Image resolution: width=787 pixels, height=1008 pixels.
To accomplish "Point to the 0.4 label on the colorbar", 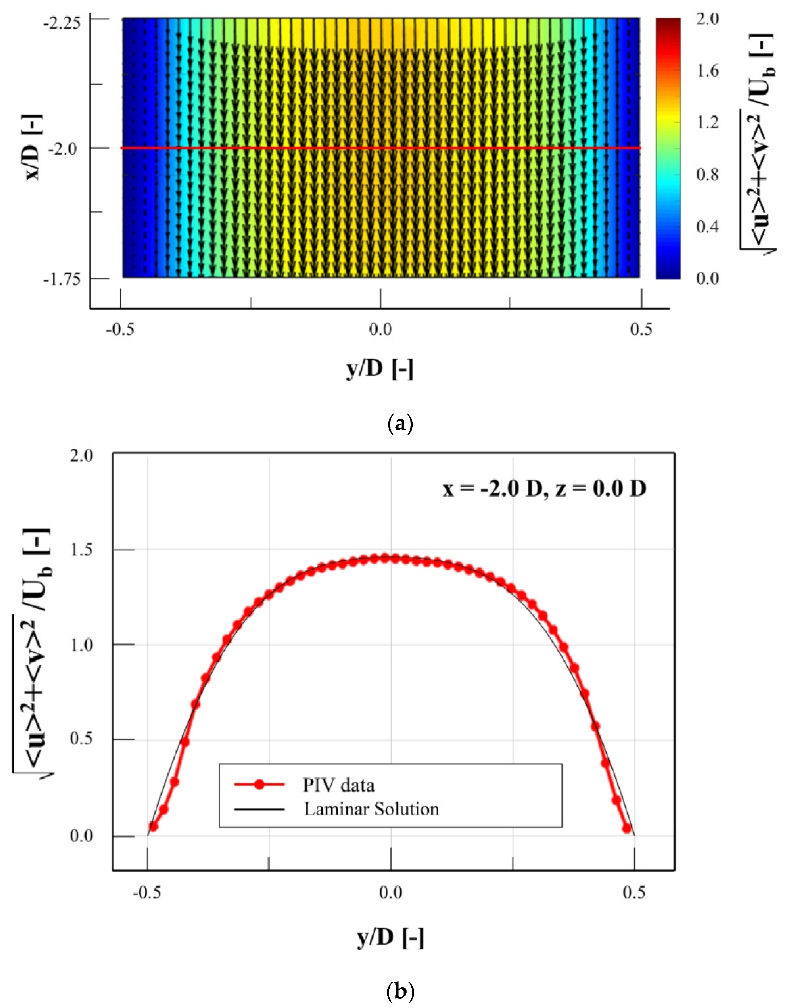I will click(x=707, y=227).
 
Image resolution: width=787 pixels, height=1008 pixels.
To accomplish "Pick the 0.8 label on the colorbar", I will click(x=707, y=174).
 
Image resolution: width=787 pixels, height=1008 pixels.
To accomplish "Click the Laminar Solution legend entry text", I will click(x=371, y=809).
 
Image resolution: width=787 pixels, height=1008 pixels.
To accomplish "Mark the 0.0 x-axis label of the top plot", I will click(x=381, y=329).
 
